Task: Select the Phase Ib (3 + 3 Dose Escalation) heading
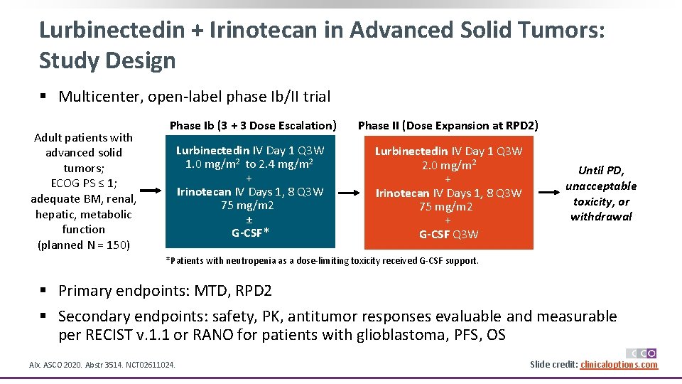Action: (252, 125)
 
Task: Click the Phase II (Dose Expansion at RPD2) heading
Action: (448, 125)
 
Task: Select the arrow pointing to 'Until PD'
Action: (549, 192)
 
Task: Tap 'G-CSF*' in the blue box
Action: (249, 233)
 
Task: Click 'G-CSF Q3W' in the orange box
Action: (448, 234)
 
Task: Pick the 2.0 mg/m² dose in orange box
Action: (448, 166)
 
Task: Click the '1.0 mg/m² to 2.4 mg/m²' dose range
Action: (249, 164)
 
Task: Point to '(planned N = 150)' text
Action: (83, 245)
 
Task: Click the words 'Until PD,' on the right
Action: (600, 170)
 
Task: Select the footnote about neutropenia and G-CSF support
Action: (322, 261)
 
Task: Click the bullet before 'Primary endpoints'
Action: (44, 291)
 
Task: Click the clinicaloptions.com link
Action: (619, 365)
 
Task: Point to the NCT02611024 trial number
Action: (151, 366)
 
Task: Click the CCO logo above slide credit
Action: (641, 353)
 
